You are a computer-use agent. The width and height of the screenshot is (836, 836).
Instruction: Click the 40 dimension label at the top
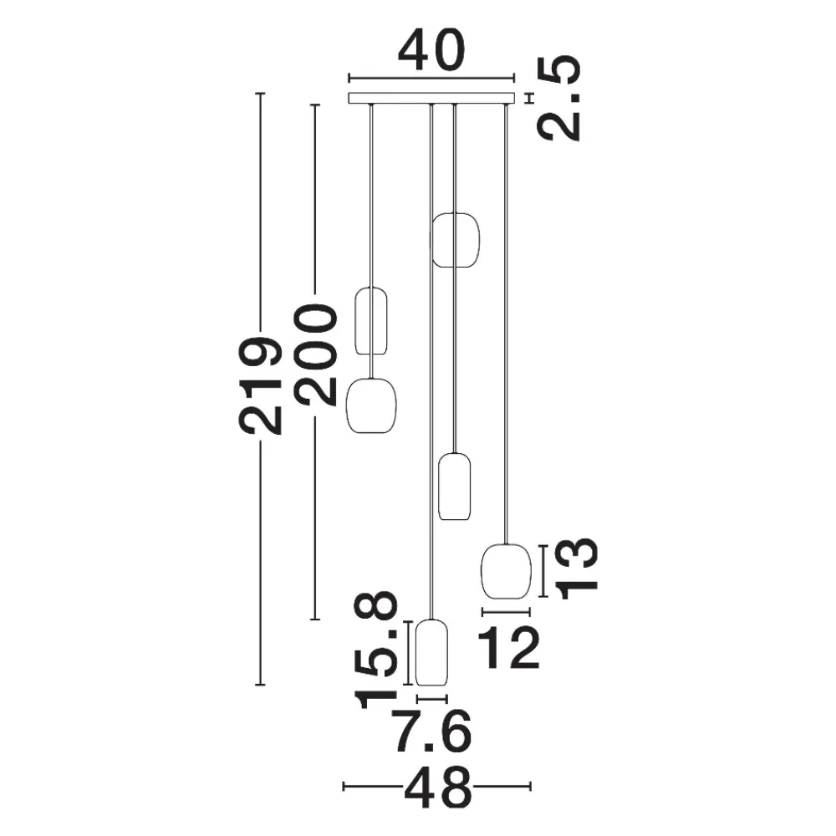point(432,51)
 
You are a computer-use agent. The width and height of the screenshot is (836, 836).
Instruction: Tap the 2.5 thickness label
point(558,98)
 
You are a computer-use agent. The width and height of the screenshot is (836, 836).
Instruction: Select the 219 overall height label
point(260,385)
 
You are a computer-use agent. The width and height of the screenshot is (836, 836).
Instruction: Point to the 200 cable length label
point(316,355)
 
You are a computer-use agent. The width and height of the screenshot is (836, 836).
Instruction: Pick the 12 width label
point(509,648)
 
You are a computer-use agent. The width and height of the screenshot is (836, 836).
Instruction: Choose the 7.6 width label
point(432,731)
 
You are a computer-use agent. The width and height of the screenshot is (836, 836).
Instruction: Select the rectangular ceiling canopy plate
point(432,98)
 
